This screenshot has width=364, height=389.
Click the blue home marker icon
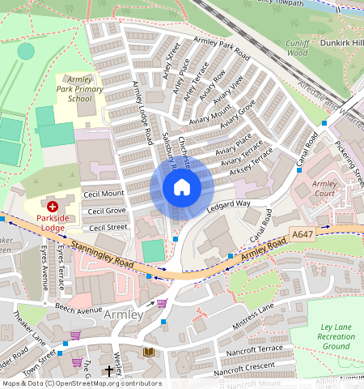182,188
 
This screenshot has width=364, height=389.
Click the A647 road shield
302,234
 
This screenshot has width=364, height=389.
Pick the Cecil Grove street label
107,211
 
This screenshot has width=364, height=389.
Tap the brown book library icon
148,351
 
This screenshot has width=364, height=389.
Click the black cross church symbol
109,371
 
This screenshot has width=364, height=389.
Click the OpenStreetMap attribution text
81,383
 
